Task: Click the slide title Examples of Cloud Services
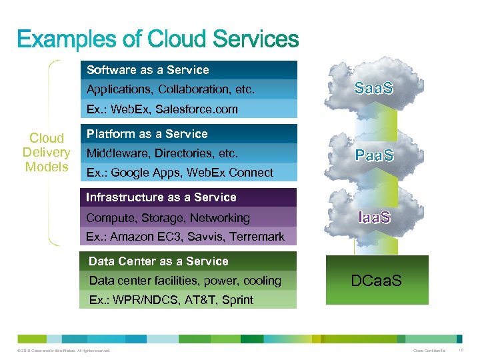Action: pos(157,39)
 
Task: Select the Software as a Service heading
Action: pos(147,70)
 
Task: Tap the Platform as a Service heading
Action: pos(147,134)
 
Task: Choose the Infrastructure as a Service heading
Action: pos(161,197)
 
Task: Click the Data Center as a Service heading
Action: pos(158,261)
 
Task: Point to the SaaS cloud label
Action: pos(374,88)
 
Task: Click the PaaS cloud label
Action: pos(374,156)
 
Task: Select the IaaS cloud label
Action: pos(374,217)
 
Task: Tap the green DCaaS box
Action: pos(376,281)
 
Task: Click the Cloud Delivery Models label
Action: pos(47,153)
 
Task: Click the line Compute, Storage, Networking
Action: pos(167,218)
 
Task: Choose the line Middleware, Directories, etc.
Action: pos(162,153)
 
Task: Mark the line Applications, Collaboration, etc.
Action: pos(171,89)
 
